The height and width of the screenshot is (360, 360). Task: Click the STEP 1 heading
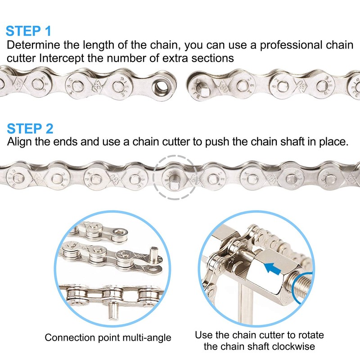point(28,31)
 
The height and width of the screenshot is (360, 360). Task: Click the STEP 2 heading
point(30,128)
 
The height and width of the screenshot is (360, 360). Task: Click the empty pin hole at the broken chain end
point(161,83)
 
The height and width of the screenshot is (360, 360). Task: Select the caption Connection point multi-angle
point(108,337)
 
